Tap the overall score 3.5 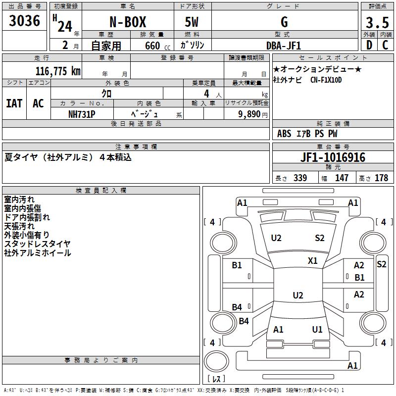pos(377,23)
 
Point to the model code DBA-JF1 pos(284,46)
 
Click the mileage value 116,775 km pos(57,71)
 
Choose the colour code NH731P pos(82,114)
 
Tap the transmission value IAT pos(14,103)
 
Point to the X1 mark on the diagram pos(313,260)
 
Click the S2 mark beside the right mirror pos(381,264)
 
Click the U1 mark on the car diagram pos(317,329)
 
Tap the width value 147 pos(342,178)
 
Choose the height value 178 pos(382,178)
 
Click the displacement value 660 pos(152,46)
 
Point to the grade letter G pos(284,22)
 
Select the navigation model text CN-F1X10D pos(326,80)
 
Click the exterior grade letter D pos(369,46)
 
